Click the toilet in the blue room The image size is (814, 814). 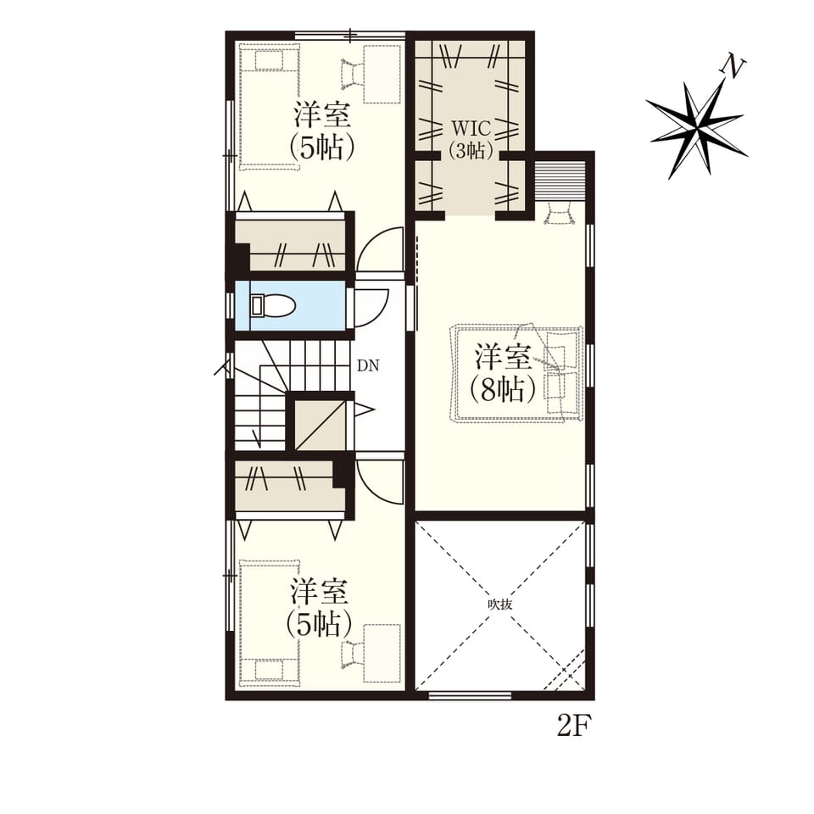[271, 305]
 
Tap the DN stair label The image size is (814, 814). [368, 366]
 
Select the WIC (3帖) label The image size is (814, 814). [471, 138]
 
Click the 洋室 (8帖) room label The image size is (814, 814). [503, 373]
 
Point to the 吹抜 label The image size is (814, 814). [500, 605]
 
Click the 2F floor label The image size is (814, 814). [574, 726]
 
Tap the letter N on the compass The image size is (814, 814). [732, 66]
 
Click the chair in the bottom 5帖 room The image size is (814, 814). [353, 654]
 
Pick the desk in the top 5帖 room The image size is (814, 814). [382, 74]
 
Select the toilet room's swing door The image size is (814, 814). [371, 307]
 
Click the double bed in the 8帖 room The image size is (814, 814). [517, 374]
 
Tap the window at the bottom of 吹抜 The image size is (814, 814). [470, 695]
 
